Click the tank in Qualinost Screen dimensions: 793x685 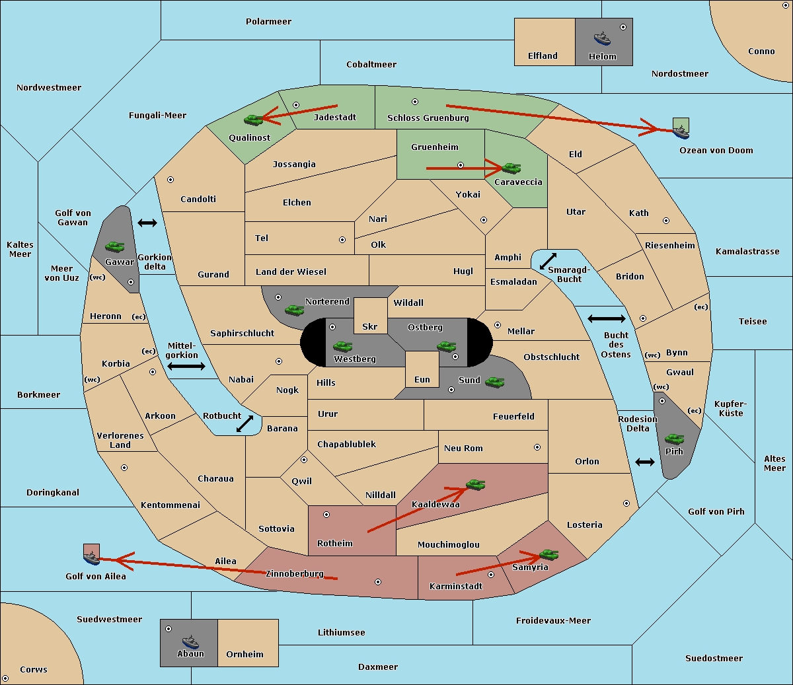click(x=254, y=120)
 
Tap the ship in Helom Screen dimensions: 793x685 click(x=602, y=38)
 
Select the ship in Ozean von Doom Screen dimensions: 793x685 click(x=681, y=132)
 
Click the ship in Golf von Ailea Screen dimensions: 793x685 click(x=91, y=558)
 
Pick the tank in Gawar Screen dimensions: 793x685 click(x=115, y=246)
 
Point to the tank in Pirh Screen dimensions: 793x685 click(x=674, y=439)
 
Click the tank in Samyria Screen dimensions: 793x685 click(x=548, y=554)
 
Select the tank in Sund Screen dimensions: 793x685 click(x=494, y=382)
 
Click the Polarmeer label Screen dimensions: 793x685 click(x=268, y=22)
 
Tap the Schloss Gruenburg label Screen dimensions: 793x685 click(x=428, y=118)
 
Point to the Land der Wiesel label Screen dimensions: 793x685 click(x=291, y=271)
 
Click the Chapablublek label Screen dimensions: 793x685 click(x=346, y=444)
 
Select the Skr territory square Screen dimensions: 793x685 click(x=370, y=316)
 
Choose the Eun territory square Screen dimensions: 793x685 click(x=422, y=369)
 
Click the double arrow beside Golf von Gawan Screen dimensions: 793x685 click(x=147, y=223)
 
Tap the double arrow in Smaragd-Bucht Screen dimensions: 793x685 click(x=548, y=261)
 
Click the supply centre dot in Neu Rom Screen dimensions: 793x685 click(x=537, y=447)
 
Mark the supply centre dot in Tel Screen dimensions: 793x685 click(x=342, y=240)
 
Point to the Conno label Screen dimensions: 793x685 click(x=761, y=51)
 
